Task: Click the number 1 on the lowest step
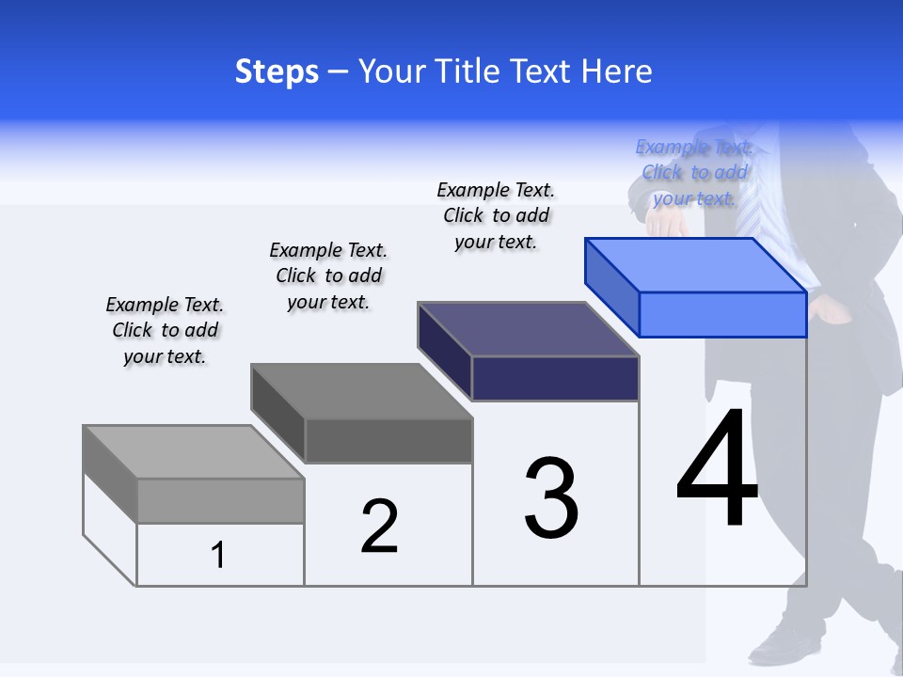coord(218,556)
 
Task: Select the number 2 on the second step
coord(379,526)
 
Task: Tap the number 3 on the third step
coord(551,498)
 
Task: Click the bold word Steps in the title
coord(277,71)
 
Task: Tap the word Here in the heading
coord(617,71)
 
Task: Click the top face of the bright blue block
coord(695,264)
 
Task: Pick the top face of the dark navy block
coord(528,329)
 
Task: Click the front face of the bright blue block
coord(722,314)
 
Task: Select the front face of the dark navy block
coord(555,378)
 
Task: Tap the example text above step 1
coord(166,331)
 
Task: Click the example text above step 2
coord(328,276)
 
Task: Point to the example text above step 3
coord(497,215)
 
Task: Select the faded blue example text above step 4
coord(694,172)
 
